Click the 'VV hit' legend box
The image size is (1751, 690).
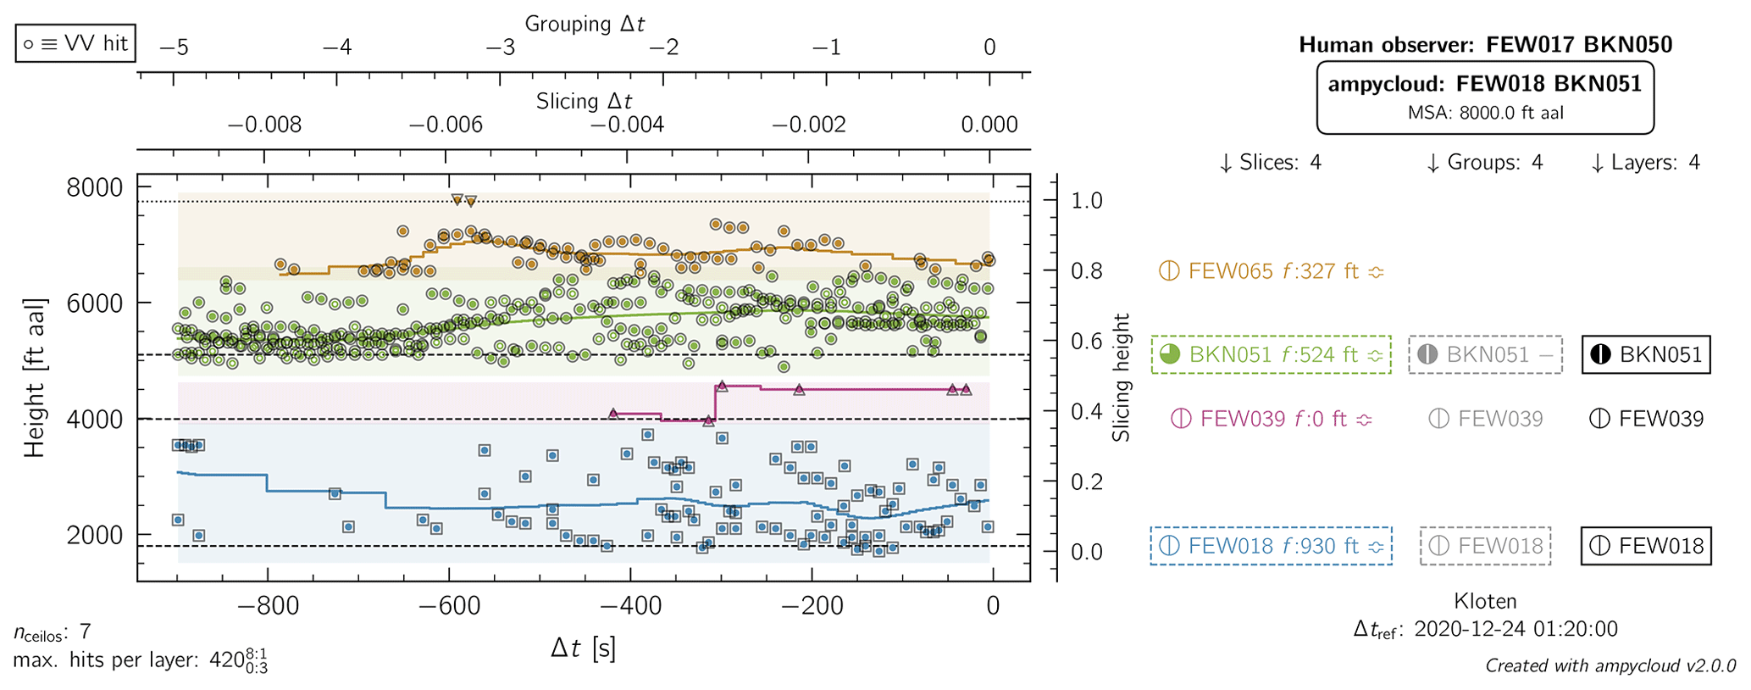[x=75, y=43]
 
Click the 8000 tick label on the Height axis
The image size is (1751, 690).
[x=94, y=187]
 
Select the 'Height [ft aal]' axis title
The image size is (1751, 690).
[x=34, y=378]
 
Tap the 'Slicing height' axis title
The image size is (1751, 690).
[x=1122, y=378]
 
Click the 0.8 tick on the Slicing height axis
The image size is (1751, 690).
[x=1086, y=271]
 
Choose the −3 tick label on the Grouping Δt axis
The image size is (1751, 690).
[x=501, y=47]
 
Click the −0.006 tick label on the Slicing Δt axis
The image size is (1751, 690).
[x=446, y=125]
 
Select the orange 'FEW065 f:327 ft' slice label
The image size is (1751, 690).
[x=1272, y=271]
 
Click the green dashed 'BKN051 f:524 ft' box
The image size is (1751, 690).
[x=1272, y=354]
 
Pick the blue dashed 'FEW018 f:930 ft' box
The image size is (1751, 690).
[x=1272, y=546]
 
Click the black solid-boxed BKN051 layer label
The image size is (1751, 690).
[x=1646, y=354]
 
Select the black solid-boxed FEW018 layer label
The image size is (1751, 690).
[x=1646, y=546]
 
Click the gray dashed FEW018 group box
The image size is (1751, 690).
[x=1486, y=546]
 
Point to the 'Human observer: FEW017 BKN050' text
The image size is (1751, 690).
[x=1485, y=45]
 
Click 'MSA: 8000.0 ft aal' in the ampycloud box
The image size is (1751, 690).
[x=1485, y=114]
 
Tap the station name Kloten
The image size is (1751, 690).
[x=1485, y=601]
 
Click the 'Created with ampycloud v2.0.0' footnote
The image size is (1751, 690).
[x=1610, y=665]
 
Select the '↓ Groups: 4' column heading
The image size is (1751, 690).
[x=1485, y=163]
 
